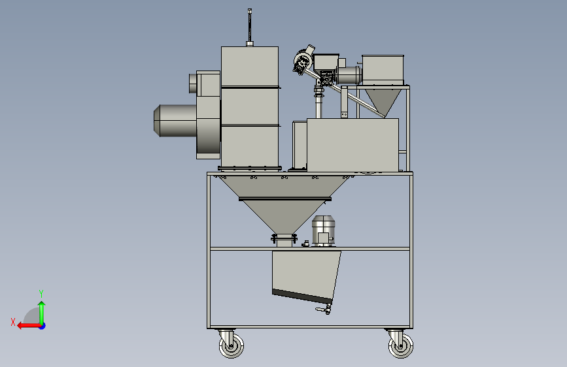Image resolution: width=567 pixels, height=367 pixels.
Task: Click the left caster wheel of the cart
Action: (232, 345)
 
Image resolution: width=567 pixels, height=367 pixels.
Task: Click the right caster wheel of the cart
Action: (401, 346)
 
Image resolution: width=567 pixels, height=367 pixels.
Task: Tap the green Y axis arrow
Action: (42, 313)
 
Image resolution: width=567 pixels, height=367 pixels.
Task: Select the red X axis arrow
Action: (29, 326)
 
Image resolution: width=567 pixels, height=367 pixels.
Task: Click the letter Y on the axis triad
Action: (41, 293)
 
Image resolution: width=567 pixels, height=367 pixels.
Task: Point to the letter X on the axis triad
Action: (13, 322)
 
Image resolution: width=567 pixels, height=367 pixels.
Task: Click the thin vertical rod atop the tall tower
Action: (250, 25)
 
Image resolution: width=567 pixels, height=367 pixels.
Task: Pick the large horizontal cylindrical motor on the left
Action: (175, 121)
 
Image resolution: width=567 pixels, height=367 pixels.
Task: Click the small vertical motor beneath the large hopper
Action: (323, 231)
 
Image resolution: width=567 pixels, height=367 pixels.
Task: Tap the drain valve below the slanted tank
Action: (324, 309)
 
